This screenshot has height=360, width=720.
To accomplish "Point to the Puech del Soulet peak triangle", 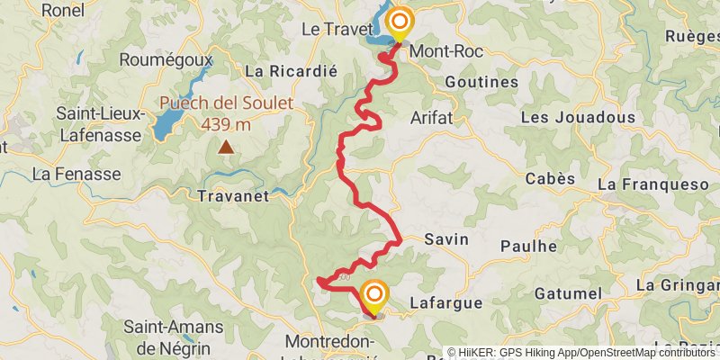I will [226, 146].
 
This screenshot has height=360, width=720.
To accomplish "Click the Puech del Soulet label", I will [227, 103].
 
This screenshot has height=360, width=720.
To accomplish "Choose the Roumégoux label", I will [166, 60].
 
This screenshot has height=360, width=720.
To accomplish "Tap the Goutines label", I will [481, 82].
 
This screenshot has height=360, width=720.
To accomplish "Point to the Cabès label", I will [550, 178].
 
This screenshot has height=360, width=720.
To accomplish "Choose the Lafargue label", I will [446, 303].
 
